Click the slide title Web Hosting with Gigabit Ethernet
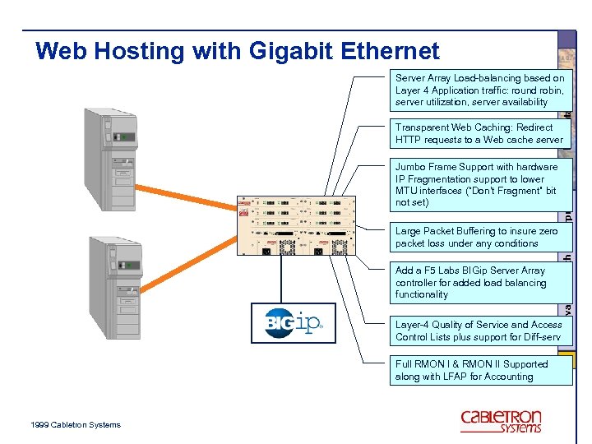[238, 52]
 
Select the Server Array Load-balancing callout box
[479, 90]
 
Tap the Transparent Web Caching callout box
[479, 134]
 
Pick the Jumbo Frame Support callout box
[479, 184]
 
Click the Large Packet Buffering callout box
[479, 238]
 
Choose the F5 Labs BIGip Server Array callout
[479, 282]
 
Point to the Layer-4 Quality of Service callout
[479, 331]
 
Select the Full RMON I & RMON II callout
[479, 370]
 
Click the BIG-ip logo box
[294, 323]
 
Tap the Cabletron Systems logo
[501, 420]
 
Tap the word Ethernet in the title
[394, 52]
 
